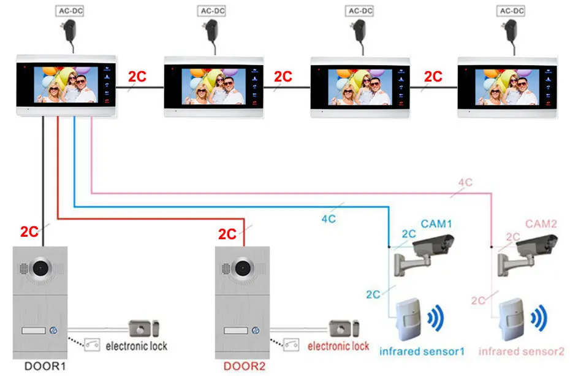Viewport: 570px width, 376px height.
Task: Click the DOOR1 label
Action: [44, 366]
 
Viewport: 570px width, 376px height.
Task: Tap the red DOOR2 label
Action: [245, 366]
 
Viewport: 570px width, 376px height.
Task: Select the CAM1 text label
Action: [436, 224]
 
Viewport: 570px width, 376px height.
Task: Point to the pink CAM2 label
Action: [541, 224]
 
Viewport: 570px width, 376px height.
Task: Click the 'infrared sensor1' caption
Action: [422, 351]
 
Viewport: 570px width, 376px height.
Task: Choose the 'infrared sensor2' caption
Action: [521, 351]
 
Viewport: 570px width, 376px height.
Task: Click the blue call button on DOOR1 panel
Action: [53, 331]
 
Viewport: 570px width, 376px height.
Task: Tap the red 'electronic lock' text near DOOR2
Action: [338, 346]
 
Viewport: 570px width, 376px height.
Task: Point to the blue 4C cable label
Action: [329, 217]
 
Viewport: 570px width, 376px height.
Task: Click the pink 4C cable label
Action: [465, 183]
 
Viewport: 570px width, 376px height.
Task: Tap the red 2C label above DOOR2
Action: [227, 234]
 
